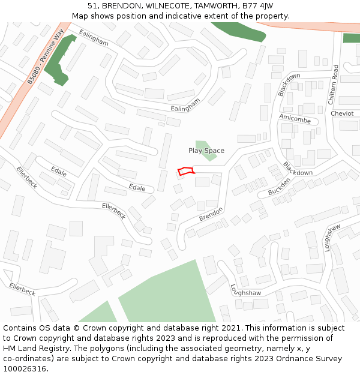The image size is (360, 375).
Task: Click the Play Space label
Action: click(206, 151)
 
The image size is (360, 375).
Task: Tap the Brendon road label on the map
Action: click(211, 214)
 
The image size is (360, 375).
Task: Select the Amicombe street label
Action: click(295, 119)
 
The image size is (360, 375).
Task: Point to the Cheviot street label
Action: click(342, 113)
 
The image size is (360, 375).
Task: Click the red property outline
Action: click(186, 171)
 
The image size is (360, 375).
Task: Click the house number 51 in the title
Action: click(92, 6)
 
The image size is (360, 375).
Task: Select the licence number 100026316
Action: click(25, 369)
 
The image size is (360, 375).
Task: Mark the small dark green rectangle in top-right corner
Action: click(352, 38)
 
